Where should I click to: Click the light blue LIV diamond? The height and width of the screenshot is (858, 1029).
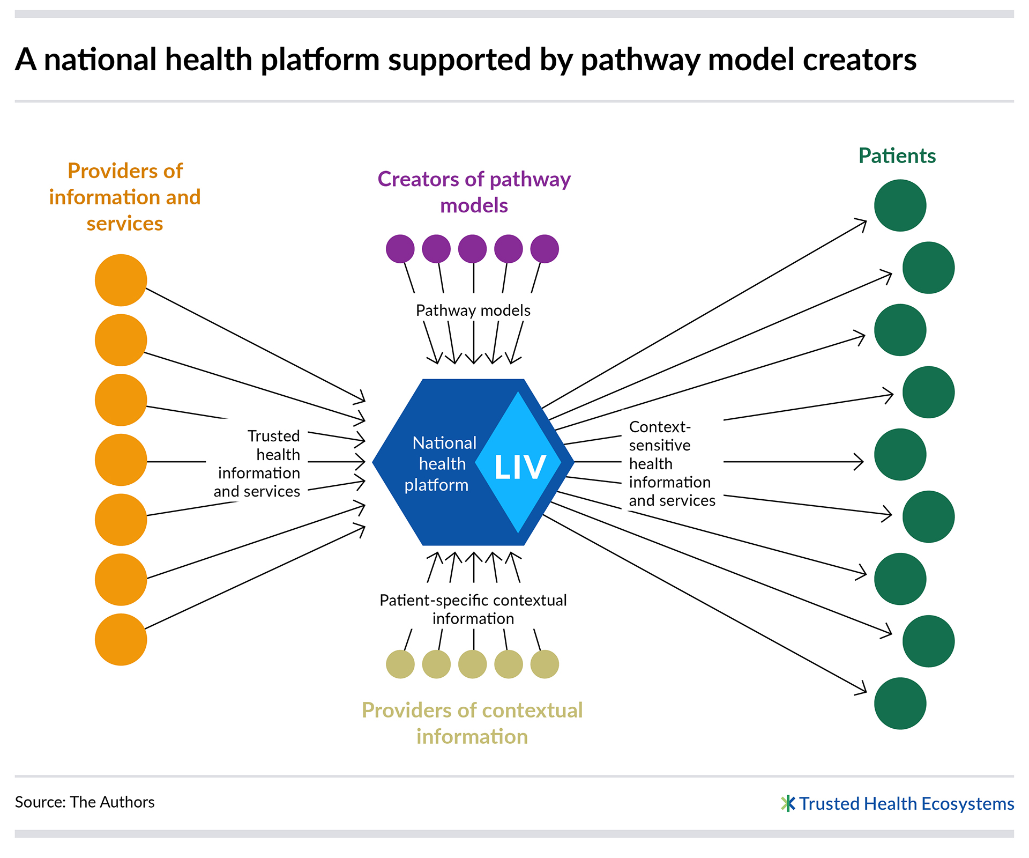coord(518,462)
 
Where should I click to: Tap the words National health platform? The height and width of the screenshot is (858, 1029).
coord(441,464)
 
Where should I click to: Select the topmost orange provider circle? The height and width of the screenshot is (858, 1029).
coord(121,280)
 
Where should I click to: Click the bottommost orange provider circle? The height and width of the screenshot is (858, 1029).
coord(121,640)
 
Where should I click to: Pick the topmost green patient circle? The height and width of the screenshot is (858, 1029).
coord(900,205)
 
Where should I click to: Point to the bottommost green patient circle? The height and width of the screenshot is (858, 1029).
coord(900,704)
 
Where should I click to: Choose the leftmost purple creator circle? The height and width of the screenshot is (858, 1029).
coord(400,249)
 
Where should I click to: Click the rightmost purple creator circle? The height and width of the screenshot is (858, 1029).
coord(545,249)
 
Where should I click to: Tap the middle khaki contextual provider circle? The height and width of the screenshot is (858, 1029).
coord(473,664)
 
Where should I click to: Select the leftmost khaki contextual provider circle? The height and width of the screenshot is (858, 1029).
coord(400,664)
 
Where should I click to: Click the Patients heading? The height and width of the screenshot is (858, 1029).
coord(897,156)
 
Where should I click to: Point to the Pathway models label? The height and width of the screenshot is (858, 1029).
coord(473,310)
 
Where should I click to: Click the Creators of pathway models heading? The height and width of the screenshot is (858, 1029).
coord(474,192)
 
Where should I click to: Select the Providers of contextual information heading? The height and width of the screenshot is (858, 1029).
coord(472,723)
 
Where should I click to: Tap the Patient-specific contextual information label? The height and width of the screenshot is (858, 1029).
coord(473,609)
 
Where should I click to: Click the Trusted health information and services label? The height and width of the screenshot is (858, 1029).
coord(257,464)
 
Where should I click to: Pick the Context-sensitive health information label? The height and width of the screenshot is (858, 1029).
coord(672,464)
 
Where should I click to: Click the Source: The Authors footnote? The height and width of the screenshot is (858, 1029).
coord(85,802)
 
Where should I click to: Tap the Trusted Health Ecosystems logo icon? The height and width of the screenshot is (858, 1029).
coord(788,803)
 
